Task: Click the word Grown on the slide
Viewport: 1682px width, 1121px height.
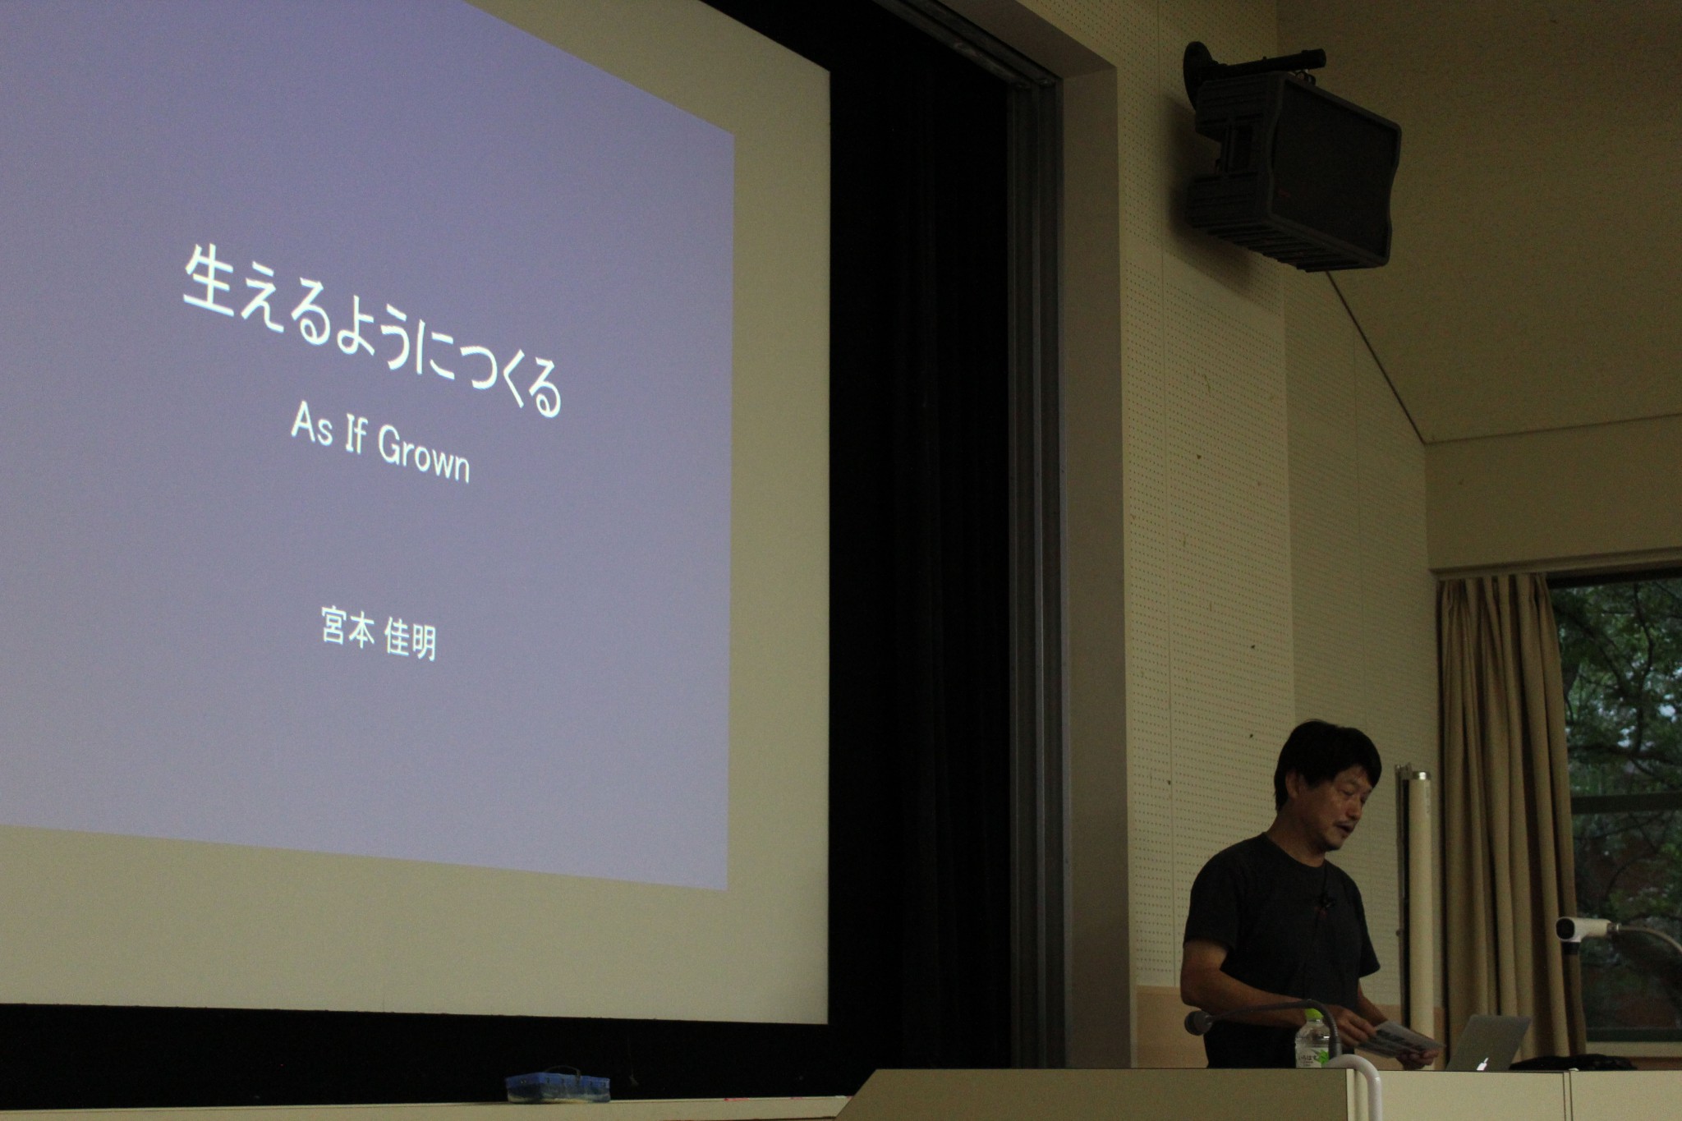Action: pyautogui.click(x=423, y=455)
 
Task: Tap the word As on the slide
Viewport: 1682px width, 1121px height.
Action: pyautogui.click(x=311, y=426)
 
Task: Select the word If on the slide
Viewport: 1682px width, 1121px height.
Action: pyautogui.click(x=354, y=435)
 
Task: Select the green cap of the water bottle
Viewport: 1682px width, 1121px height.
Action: pyautogui.click(x=1314, y=1016)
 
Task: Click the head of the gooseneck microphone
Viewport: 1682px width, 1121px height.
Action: pyautogui.click(x=1198, y=1022)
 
